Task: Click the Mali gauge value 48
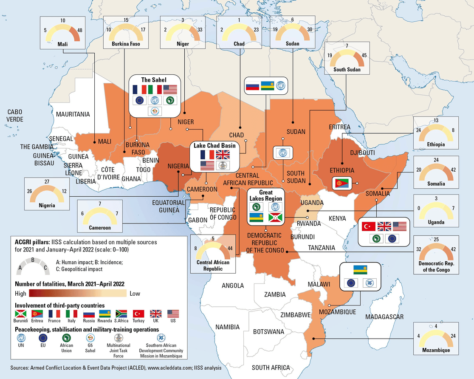[80, 31]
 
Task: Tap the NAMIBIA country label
[227, 327]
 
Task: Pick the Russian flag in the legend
[88, 314]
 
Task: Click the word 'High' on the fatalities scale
[20, 293]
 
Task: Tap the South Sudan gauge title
[347, 70]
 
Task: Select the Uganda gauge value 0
[419, 208]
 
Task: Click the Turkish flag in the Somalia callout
[368, 226]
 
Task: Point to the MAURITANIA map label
[73, 114]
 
